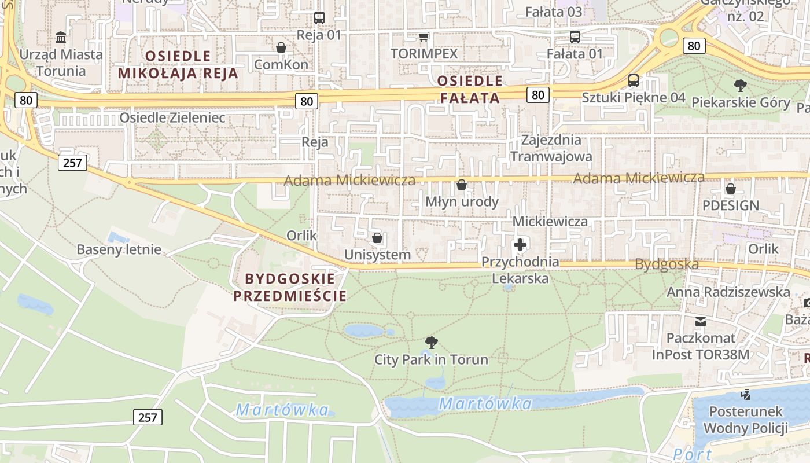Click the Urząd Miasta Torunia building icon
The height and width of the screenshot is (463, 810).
coord(61,38)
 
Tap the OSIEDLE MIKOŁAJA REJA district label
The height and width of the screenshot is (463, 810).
coord(178,64)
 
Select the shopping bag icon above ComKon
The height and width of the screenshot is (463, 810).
coord(281,47)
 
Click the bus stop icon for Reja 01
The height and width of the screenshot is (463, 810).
coord(319,18)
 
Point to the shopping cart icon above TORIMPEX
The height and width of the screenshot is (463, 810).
coord(424,37)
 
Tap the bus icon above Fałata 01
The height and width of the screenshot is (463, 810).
coord(575,37)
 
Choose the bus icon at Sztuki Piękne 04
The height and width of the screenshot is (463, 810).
coord(634,80)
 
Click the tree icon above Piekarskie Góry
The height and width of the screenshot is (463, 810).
coord(740,86)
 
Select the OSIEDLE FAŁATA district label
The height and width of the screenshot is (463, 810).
coord(470,89)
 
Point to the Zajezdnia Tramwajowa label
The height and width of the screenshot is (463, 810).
coord(551,148)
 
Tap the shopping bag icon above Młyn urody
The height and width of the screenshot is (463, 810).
coord(462,185)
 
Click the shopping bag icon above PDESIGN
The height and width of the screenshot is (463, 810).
coord(731,189)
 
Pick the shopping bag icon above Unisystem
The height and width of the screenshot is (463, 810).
coord(377,238)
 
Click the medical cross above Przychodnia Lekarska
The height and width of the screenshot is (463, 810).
coord(520,245)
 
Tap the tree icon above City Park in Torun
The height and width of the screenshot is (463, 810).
coord(431,343)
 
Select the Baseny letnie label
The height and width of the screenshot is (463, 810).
coord(119,250)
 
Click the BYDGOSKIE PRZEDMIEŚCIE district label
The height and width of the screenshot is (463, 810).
coord(289,287)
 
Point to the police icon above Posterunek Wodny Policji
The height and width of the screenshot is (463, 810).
coord(745,395)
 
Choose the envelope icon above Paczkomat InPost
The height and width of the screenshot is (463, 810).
coord(701,321)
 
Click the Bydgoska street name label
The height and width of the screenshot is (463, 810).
coord(667,264)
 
